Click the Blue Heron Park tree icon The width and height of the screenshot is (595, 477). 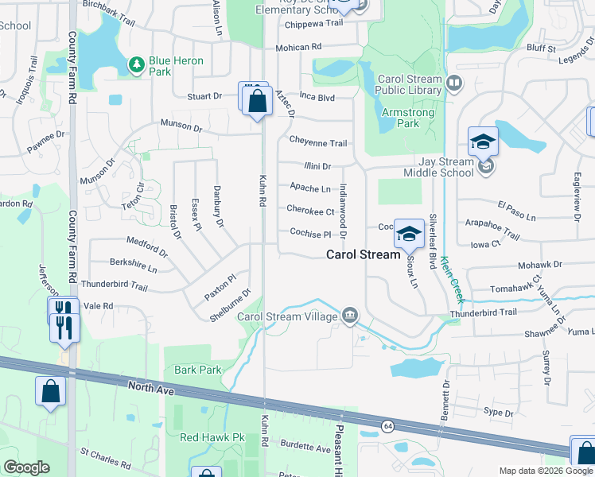tap(137, 62)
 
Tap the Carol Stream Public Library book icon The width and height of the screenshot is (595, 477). tap(454, 82)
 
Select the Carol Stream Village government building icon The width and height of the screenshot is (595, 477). tap(349, 316)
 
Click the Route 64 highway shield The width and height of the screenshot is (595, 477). tap(386, 426)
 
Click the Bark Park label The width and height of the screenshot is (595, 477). tap(198, 370)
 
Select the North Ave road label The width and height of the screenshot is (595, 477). tap(150, 389)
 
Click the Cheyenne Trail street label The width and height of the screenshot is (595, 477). tap(317, 143)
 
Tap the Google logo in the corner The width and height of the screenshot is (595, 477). tap(26, 467)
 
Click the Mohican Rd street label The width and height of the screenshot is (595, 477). tap(298, 48)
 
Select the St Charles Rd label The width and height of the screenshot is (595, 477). tap(105, 458)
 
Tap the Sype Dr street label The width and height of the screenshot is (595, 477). tap(499, 412)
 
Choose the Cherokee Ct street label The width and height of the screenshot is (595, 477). tap(310, 211)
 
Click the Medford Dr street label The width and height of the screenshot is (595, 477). tap(147, 246)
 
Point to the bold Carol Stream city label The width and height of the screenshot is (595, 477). tap(363, 255)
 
